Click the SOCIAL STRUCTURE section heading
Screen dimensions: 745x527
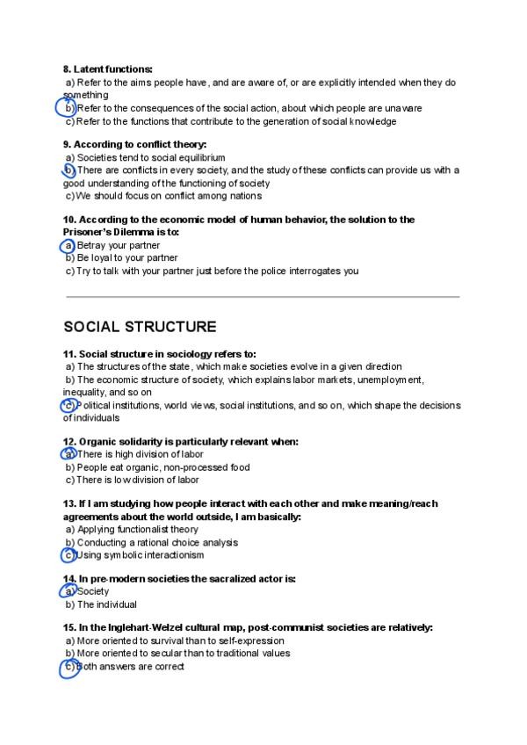140,327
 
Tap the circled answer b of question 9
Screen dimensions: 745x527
69,170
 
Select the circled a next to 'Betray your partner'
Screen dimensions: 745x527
69,245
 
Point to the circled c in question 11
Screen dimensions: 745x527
69,406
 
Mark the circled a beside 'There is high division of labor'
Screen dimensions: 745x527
69,454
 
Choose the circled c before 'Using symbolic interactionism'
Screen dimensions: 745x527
69,555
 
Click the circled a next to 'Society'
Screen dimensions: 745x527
69,591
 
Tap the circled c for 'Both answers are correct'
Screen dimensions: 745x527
69,668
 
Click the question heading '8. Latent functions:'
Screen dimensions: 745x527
107,69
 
